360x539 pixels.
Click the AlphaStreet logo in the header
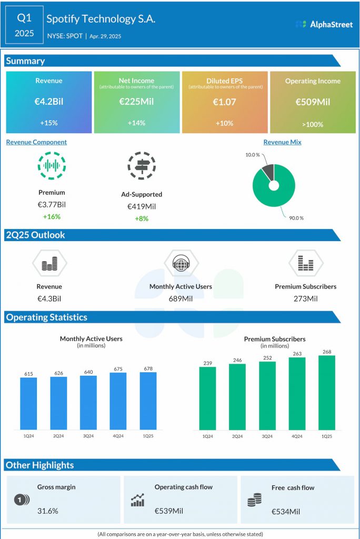[x=324, y=24]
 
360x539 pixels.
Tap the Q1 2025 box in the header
[x=25, y=25]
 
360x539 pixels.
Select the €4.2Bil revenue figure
[x=49, y=102]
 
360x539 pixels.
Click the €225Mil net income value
[x=136, y=102]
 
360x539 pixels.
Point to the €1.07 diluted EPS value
[x=224, y=102]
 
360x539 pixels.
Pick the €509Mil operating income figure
[x=313, y=102]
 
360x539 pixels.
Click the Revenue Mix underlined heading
[x=282, y=142]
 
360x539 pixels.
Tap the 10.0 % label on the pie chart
[x=253, y=155]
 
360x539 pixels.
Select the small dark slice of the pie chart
[x=268, y=172]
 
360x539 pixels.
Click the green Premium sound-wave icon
[x=52, y=165]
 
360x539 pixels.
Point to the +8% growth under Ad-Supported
[x=141, y=218]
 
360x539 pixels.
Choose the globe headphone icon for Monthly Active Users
[x=181, y=263]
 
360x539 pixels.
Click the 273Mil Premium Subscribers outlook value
[x=305, y=298]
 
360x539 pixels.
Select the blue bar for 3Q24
[x=88, y=402]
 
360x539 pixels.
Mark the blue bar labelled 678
[x=148, y=401]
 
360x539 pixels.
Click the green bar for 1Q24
[x=208, y=398]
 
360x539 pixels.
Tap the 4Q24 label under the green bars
[x=297, y=436]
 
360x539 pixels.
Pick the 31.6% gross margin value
[x=48, y=511]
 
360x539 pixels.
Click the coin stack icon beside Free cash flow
[x=255, y=501]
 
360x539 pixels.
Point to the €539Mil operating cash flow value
[x=168, y=511]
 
